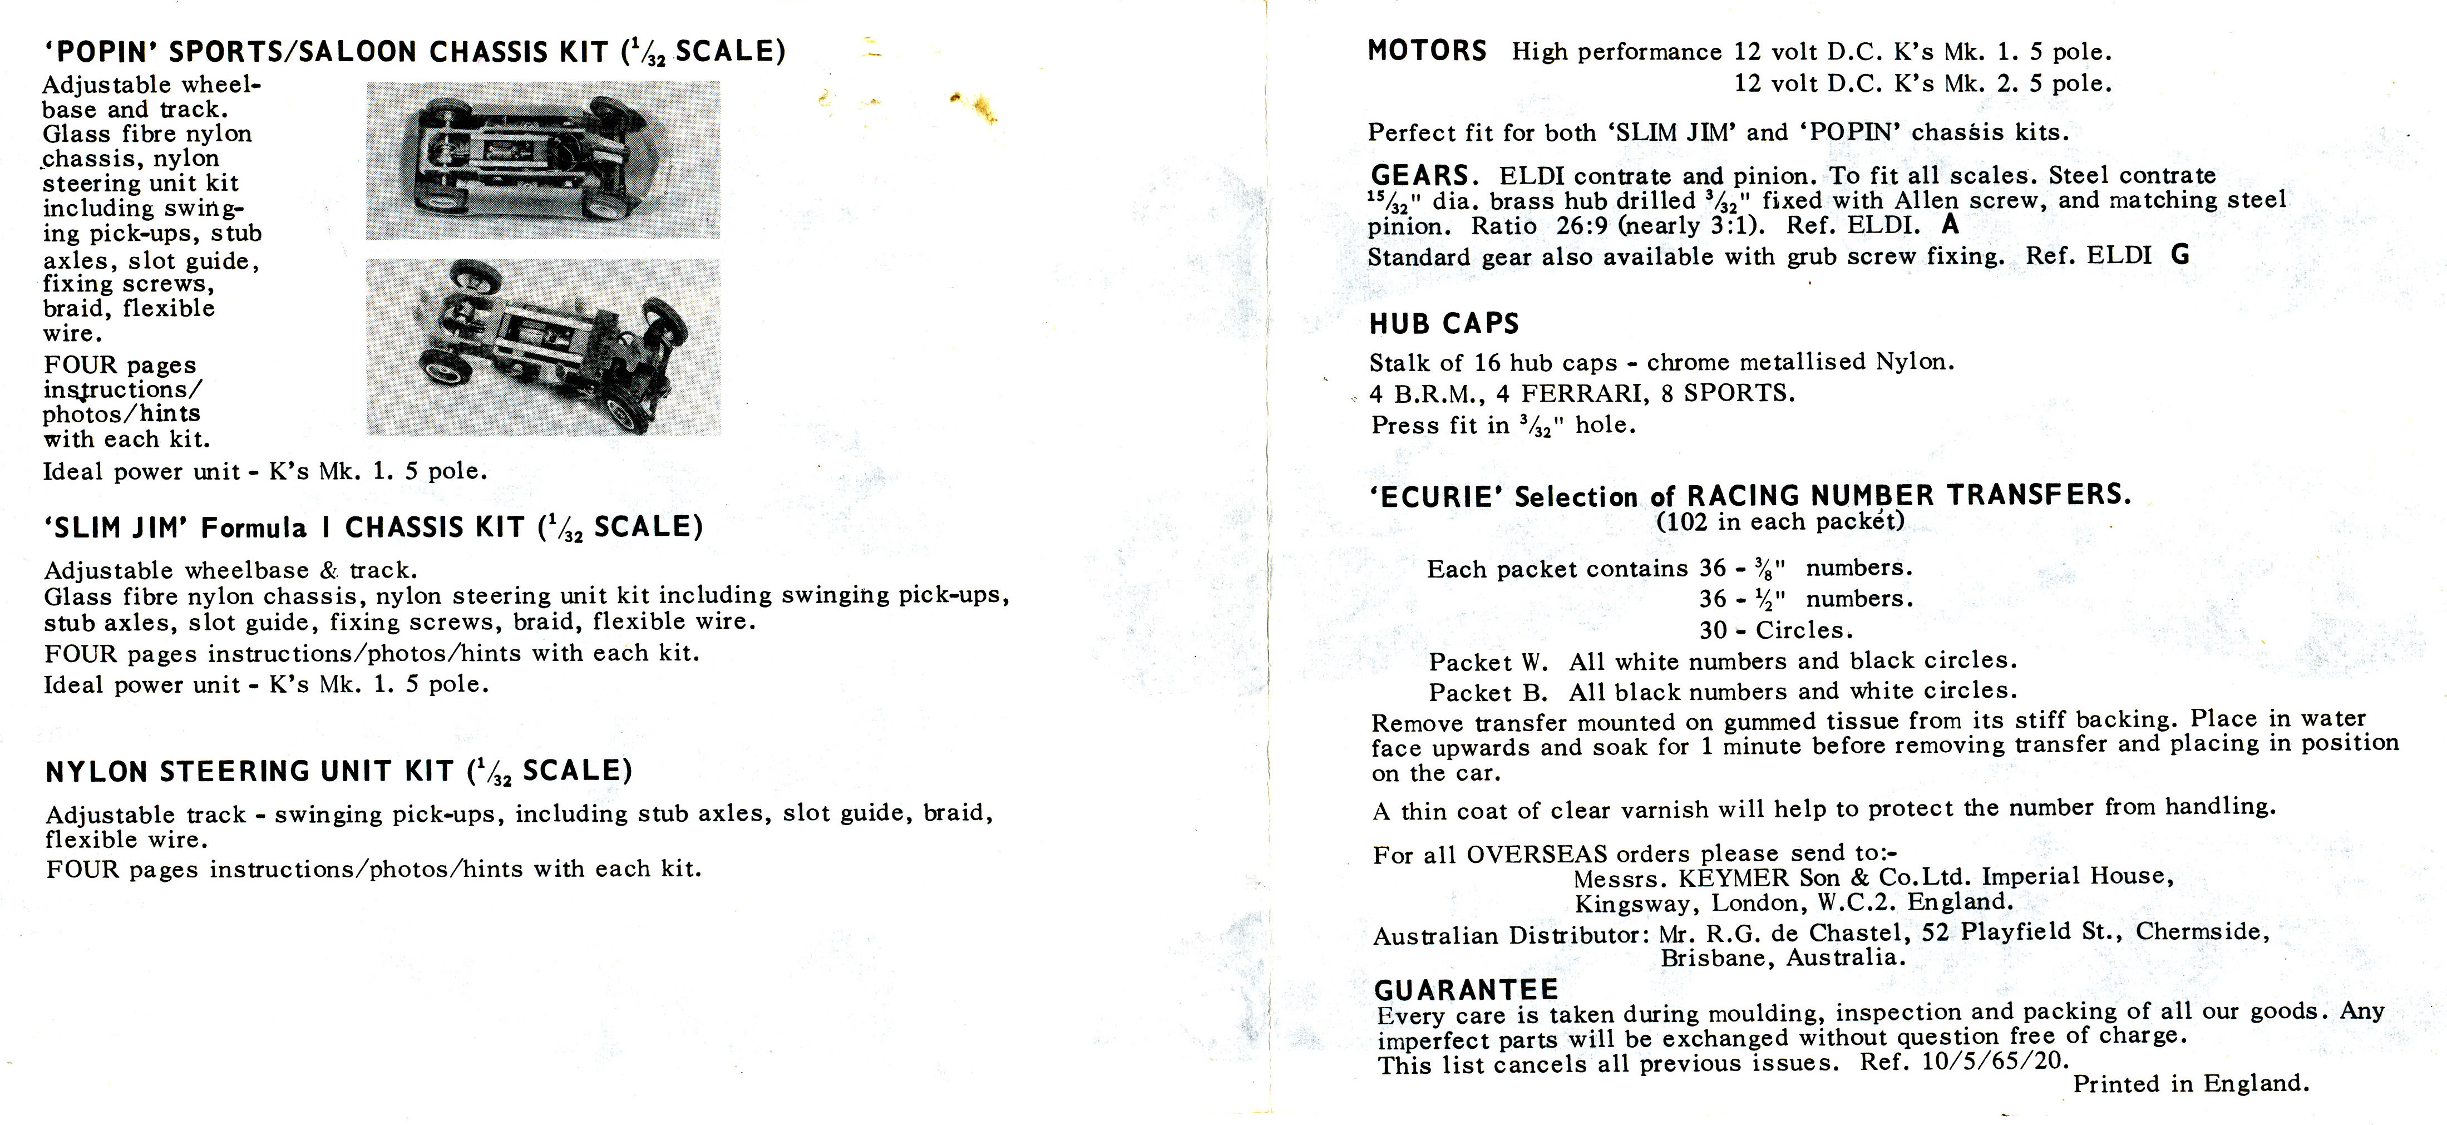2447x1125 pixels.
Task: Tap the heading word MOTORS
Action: coord(1427,51)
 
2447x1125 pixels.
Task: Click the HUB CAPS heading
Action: coord(1444,324)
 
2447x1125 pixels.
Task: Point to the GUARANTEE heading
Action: coord(1466,990)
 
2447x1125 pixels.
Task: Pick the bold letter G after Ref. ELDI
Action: coord(2180,255)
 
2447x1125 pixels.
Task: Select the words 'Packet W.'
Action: coord(1488,662)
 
